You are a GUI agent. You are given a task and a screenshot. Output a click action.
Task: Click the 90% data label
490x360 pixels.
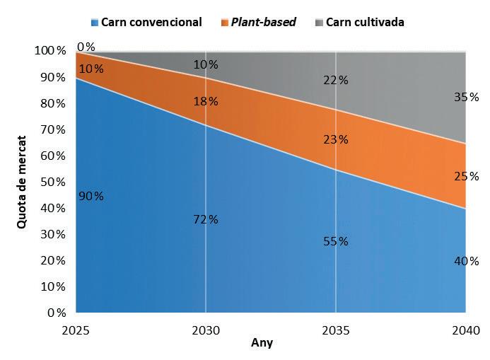coord(91,196)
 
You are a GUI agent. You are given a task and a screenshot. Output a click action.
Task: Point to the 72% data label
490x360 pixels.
coord(206,219)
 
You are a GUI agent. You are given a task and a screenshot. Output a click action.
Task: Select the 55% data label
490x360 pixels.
coord(336,241)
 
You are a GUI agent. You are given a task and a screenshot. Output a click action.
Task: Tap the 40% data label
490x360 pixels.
coord(466,262)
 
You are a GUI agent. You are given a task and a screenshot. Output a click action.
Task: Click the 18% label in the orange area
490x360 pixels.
coord(206,101)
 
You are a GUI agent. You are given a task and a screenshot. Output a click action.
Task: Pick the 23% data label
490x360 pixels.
coord(336,139)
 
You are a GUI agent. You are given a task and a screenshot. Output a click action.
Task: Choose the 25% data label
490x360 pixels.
coord(466,176)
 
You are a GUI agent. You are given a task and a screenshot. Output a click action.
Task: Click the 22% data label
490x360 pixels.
coord(336,80)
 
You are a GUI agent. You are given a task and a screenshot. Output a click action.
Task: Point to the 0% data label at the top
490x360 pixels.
coord(86,47)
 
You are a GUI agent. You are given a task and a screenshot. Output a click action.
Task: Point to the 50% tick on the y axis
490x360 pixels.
coord(52,182)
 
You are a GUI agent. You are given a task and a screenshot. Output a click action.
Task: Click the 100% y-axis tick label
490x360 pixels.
coord(49,51)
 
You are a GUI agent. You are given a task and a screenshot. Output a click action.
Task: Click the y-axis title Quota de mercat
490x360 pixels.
coord(22,181)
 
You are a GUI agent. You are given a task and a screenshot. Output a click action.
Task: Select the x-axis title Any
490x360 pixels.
coord(262,344)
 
